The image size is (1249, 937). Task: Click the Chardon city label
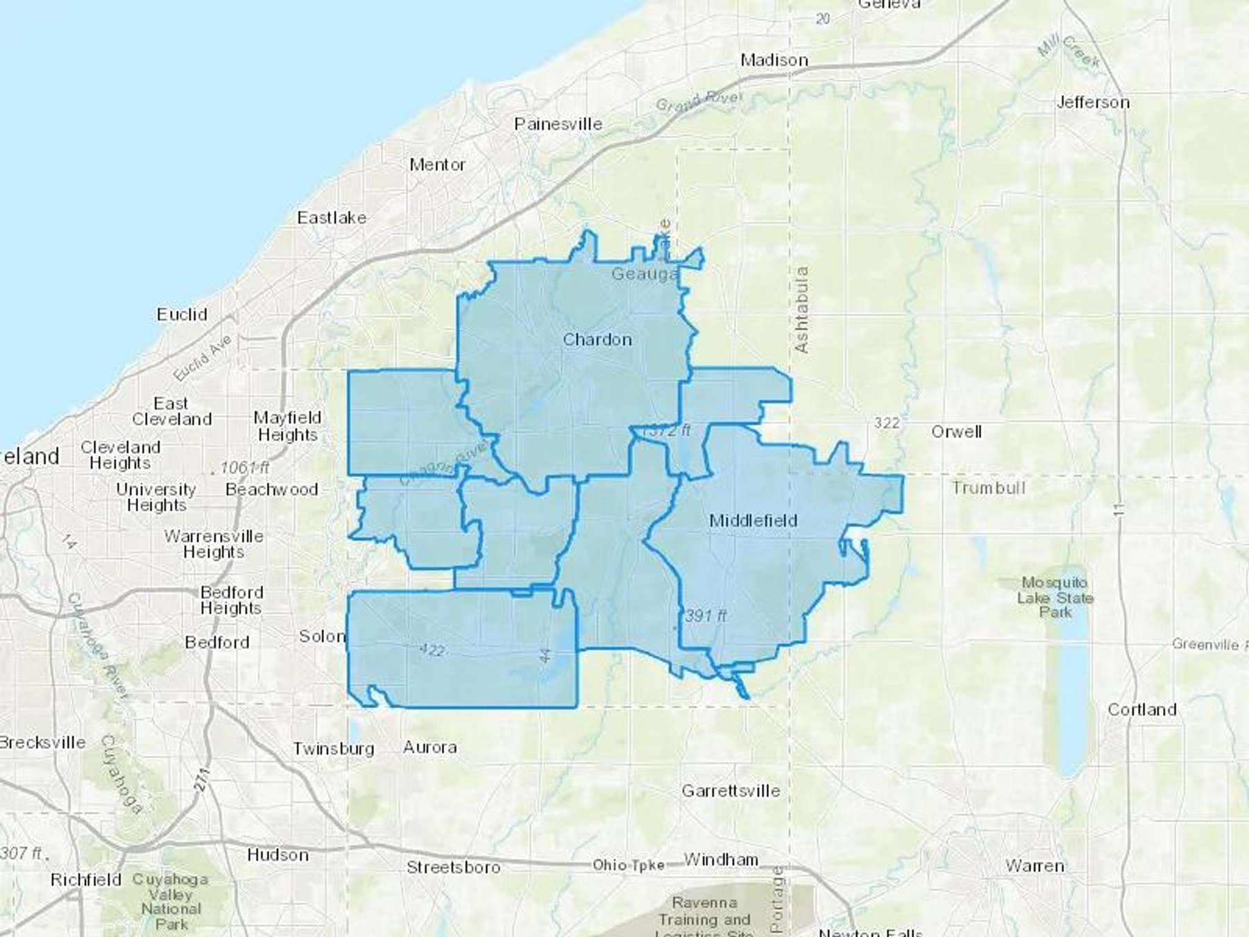[x=597, y=339]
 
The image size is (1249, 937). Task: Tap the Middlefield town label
[x=753, y=521]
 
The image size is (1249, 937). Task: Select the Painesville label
[x=558, y=124]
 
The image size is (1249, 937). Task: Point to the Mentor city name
[x=437, y=164]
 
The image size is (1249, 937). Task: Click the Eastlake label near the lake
[x=332, y=218]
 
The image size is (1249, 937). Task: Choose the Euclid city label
[x=182, y=314]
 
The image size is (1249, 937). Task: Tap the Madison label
[x=774, y=60]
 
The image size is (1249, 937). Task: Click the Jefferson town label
[x=1093, y=103]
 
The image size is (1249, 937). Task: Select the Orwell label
[x=956, y=432]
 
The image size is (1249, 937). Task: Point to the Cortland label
[x=1142, y=709]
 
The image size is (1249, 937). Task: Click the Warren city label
[x=1035, y=866]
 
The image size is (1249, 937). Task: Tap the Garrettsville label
[x=731, y=791]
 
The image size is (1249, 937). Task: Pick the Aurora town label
[x=430, y=748]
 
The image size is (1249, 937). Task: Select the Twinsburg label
[x=333, y=749]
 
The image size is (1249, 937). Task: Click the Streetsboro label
[x=453, y=867]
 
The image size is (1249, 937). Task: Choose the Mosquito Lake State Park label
[x=1055, y=597]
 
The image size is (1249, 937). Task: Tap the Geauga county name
[x=644, y=274]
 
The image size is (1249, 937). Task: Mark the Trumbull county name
[x=988, y=488]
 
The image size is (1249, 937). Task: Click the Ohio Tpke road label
[x=628, y=865]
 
